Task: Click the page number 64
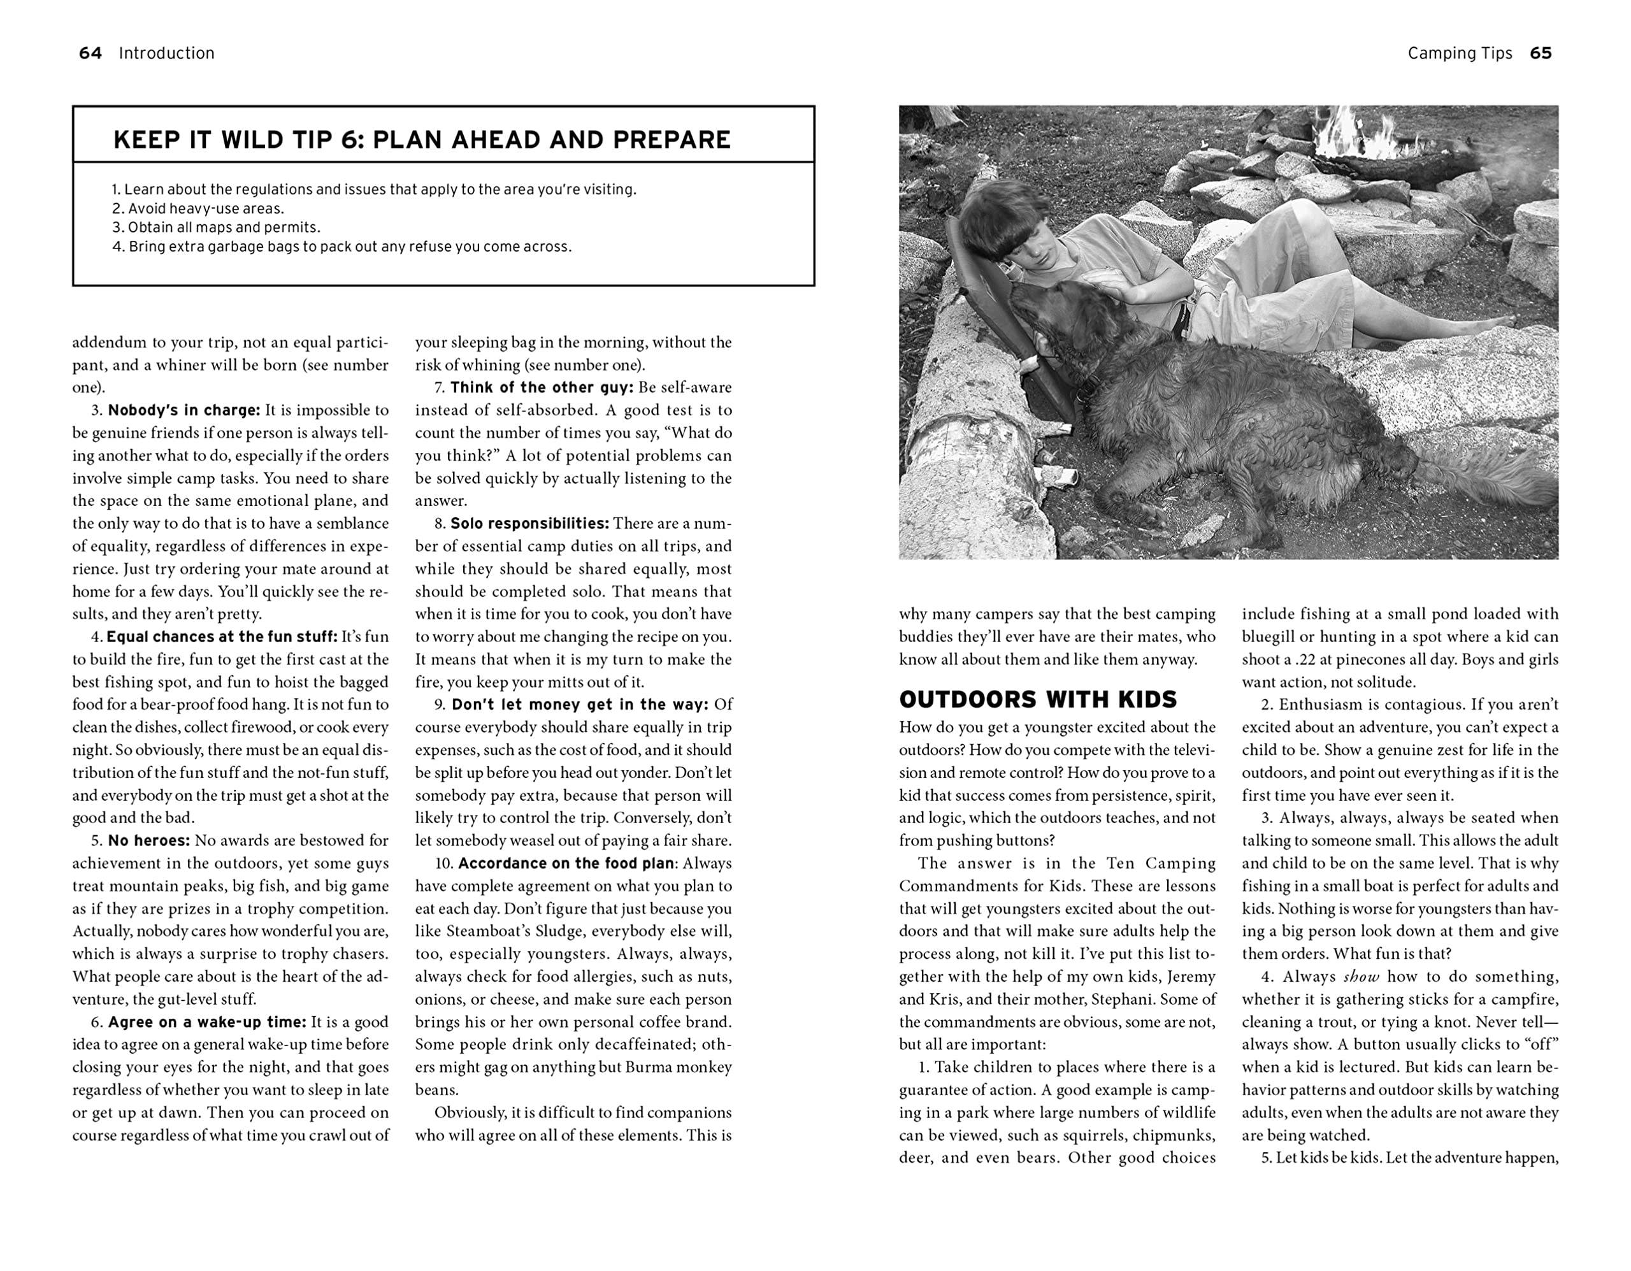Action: pyautogui.click(x=90, y=53)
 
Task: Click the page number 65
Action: pyautogui.click(x=1541, y=53)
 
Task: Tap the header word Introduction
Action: pyautogui.click(x=166, y=53)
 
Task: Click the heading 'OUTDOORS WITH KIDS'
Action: pyautogui.click(x=1038, y=700)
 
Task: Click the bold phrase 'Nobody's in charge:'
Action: pyautogui.click(x=183, y=410)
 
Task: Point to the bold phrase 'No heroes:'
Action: pyautogui.click(x=148, y=841)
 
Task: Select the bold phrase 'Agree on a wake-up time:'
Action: pyautogui.click(x=207, y=1023)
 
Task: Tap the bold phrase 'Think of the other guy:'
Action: pyautogui.click(x=542, y=387)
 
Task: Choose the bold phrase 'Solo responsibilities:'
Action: pyautogui.click(x=529, y=524)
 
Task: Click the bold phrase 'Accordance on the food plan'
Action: pyautogui.click(x=565, y=864)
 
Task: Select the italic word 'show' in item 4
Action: pyautogui.click(x=1361, y=977)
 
